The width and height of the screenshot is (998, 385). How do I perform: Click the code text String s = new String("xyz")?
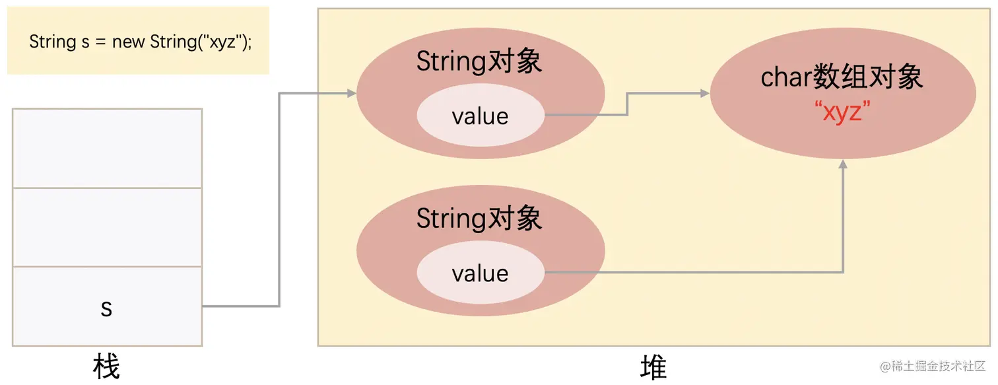[x=141, y=42]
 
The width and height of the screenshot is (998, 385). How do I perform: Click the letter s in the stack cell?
[x=106, y=308]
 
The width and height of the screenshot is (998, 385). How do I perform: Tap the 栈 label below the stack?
[x=106, y=367]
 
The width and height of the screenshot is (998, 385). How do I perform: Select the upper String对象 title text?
[x=479, y=61]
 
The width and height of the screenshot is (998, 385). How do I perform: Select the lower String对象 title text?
[x=479, y=219]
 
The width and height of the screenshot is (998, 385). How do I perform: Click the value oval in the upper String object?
[x=480, y=116]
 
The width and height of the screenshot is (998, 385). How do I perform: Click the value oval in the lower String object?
[x=480, y=273]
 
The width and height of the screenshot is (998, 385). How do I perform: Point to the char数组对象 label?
[x=842, y=78]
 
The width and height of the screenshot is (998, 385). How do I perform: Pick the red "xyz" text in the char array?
[x=843, y=112]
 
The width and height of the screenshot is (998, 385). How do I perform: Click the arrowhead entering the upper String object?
[x=351, y=94]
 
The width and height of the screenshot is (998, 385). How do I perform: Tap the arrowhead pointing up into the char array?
[x=843, y=164]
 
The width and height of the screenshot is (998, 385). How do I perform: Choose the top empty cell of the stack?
[x=107, y=149]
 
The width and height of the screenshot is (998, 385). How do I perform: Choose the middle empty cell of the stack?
[x=107, y=227]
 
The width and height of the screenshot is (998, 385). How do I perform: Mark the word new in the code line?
[x=129, y=42]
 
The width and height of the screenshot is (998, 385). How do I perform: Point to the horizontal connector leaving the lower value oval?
[x=693, y=272]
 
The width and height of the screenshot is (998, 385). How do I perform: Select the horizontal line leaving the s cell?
[x=240, y=306]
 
